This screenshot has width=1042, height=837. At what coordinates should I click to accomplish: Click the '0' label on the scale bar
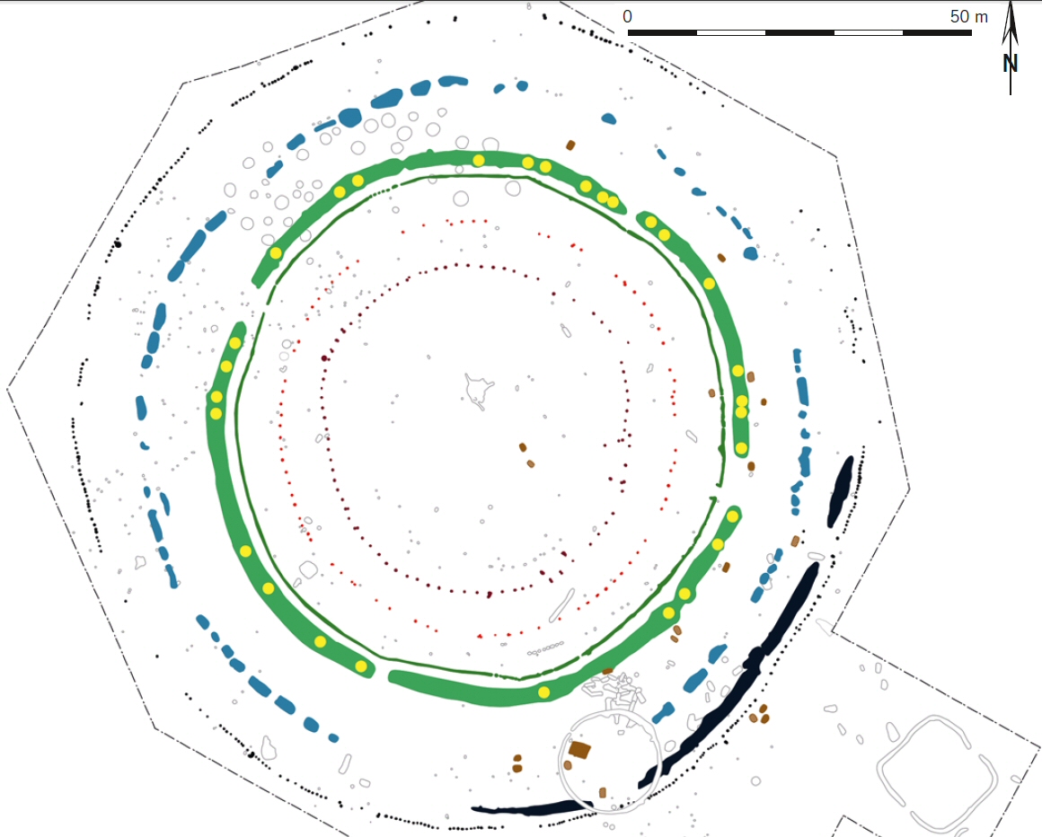tap(627, 16)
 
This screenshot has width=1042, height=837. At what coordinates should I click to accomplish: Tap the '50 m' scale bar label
tap(968, 16)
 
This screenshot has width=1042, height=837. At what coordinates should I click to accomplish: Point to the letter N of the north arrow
tap(1010, 64)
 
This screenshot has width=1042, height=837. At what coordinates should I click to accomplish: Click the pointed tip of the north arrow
tap(1011, 3)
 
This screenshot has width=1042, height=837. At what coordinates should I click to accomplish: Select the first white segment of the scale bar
tap(731, 32)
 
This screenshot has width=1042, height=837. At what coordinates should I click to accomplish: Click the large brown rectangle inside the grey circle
tap(579, 750)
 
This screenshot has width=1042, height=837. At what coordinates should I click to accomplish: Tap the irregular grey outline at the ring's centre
tap(479, 391)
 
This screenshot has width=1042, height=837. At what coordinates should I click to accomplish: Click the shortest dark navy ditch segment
tap(841, 491)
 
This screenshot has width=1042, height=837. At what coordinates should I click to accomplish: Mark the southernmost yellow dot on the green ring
tap(544, 692)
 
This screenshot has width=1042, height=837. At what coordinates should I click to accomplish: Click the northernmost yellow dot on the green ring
tap(479, 160)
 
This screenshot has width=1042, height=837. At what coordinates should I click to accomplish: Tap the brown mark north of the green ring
tap(570, 145)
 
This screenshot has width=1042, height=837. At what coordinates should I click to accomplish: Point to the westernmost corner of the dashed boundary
tap(7, 389)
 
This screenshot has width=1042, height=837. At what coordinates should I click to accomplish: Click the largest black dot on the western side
tap(118, 243)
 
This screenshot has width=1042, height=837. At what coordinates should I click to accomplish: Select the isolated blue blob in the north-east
tap(609, 119)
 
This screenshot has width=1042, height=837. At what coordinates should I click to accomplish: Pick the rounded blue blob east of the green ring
tap(750, 253)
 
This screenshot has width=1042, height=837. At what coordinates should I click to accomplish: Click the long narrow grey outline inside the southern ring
tap(561, 606)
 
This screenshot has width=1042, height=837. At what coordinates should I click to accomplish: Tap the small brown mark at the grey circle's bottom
tap(603, 792)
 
